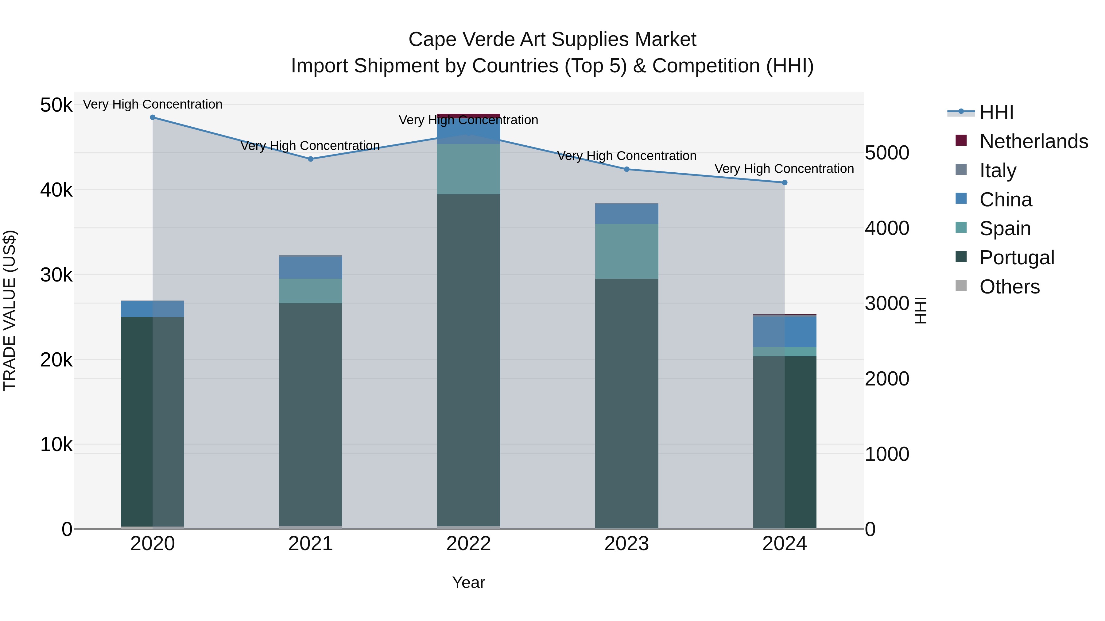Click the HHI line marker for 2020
click(153, 117)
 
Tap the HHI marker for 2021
click(311, 159)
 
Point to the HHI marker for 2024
click(785, 182)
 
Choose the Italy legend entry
click(998, 171)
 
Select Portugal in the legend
click(1016, 258)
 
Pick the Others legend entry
click(1009, 287)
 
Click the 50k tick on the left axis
click(56, 105)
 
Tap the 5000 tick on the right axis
click(887, 153)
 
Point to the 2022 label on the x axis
click(468, 544)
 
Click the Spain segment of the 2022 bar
click(468, 169)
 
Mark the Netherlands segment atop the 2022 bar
click(468, 116)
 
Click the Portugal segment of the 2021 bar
click(311, 412)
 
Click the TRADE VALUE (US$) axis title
click(10, 310)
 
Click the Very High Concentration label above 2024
click(784, 169)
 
